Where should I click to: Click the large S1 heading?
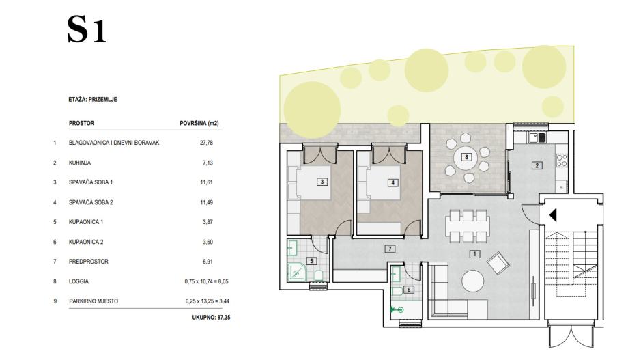[87, 29]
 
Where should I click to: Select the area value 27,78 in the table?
[206, 143]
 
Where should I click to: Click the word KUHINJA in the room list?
[80, 163]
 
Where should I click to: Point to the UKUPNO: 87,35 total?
[211, 318]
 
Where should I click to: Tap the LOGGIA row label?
[78, 281]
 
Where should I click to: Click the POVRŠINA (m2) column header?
[199, 124]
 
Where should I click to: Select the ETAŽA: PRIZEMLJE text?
[93, 100]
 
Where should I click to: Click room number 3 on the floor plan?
[322, 182]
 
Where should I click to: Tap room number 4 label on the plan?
[393, 183]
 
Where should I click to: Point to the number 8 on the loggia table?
[466, 157]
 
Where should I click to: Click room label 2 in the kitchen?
[537, 165]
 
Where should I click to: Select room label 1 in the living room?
[474, 253]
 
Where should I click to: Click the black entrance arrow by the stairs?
[553, 215]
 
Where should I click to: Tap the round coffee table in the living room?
[472, 281]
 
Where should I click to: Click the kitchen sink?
[537, 138]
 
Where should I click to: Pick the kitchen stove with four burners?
[562, 161]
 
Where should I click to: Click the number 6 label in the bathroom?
[408, 290]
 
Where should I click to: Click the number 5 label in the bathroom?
[311, 261]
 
